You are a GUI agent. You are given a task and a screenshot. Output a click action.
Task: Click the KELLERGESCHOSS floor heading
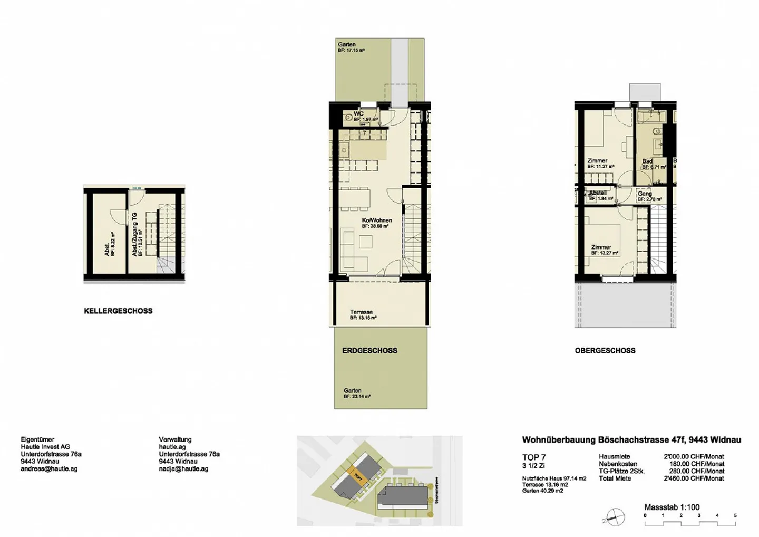click(x=118, y=311)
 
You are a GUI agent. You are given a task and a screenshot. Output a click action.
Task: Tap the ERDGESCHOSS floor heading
click(x=369, y=351)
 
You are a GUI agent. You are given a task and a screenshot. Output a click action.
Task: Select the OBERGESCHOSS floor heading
click(x=605, y=351)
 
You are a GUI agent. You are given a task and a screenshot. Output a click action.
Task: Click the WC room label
click(x=358, y=114)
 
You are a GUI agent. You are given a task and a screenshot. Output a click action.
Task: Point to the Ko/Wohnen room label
click(x=376, y=220)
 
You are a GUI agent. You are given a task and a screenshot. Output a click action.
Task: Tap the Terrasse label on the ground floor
click(x=362, y=312)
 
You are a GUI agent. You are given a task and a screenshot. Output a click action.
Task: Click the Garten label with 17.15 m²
click(x=347, y=45)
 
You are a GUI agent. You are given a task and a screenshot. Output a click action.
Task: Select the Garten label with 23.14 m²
click(x=353, y=391)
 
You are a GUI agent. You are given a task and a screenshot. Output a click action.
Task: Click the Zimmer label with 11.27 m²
click(x=597, y=161)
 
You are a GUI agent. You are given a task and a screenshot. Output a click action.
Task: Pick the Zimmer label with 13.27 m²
click(x=601, y=247)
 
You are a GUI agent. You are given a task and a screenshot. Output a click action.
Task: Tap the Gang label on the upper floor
click(x=645, y=194)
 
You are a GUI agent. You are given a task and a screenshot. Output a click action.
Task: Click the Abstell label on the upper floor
click(x=598, y=193)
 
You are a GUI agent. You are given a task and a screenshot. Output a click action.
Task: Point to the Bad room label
click(x=647, y=161)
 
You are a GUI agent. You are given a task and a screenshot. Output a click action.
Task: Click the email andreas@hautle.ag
click(x=49, y=469)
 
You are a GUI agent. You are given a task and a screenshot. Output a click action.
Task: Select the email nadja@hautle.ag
click(x=183, y=469)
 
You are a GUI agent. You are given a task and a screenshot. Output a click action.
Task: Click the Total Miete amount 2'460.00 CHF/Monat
click(x=694, y=478)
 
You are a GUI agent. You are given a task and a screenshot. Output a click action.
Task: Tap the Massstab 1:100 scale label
click(x=672, y=507)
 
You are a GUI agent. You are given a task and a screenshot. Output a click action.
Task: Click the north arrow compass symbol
click(x=615, y=516)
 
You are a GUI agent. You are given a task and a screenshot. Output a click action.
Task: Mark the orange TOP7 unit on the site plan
click(x=358, y=477)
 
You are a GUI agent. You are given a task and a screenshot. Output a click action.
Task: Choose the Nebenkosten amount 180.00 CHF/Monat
click(x=696, y=464)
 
